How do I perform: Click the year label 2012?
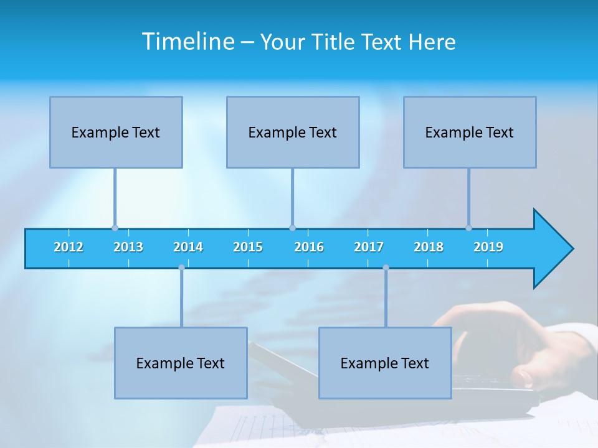(x=69, y=247)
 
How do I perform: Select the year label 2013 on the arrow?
(x=128, y=247)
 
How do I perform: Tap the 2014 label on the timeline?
(x=188, y=247)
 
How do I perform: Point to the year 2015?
(x=248, y=247)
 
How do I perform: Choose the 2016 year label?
(x=309, y=247)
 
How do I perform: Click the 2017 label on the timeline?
(x=369, y=247)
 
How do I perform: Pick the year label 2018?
(x=429, y=247)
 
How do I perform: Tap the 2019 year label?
(x=488, y=247)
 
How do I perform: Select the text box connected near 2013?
(x=116, y=132)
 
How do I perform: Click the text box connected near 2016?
(x=293, y=132)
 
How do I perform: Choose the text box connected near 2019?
(x=470, y=132)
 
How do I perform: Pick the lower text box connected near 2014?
(x=181, y=363)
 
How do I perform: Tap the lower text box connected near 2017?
(x=385, y=363)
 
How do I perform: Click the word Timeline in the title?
(x=187, y=41)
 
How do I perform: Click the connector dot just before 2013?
(x=115, y=228)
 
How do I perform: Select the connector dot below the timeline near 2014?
(x=181, y=268)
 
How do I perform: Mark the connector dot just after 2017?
(x=386, y=268)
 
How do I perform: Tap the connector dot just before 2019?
(x=468, y=228)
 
